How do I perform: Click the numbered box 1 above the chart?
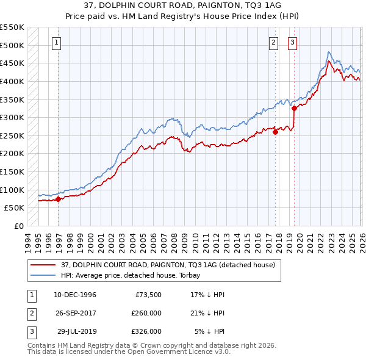click(x=56, y=43)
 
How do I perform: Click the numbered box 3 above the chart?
click(x=292, y=43)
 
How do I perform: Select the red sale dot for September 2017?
click(x=275, y=131)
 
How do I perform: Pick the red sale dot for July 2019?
click(x=294, y=108)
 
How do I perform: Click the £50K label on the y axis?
click(x=14, y=208)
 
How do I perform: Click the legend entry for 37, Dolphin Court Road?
click(x=168, y=265)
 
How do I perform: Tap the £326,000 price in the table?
click(x=146, y=331)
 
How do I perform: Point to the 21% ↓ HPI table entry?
click(x=207, y=313)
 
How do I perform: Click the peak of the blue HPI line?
click(x=329, y=52)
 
